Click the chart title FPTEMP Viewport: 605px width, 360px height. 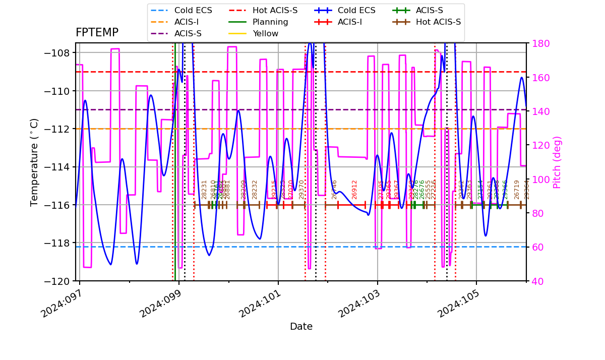click(x=97, y=33)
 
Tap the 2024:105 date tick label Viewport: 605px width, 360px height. click(x=456, y=305)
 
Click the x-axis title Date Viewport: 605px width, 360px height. click(x=301, y=327)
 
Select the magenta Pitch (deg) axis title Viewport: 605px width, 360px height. click(x=557, y=162)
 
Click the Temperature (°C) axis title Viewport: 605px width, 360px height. click(x=34, y=162)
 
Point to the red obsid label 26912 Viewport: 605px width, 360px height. click(x=354, y=189)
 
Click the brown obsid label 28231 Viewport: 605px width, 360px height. click(x=204, y=189)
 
